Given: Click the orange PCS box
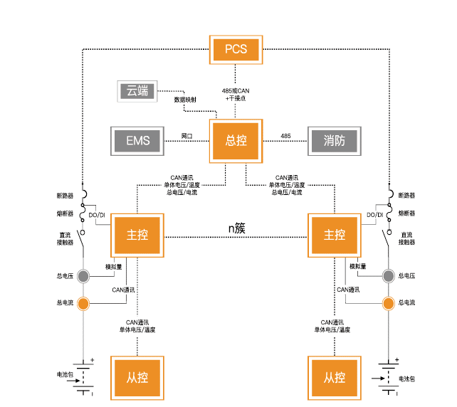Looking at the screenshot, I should (x=236, y=49).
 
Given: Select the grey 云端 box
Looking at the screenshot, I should (x=137, y=91).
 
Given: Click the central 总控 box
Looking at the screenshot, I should (x=236, y=140).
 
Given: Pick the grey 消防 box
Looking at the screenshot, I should (x=334, y=140).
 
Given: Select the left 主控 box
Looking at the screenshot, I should (x=137, y=235).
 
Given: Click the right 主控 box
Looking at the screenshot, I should (x=334, y=235).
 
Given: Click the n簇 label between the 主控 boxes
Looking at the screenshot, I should (x=236, y=228).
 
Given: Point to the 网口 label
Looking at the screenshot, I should (x=187, y=135).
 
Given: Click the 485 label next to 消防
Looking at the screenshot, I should (x=285, y=135).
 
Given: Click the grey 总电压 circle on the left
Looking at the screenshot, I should (x=83, y=276).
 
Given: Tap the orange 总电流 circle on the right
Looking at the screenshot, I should (x=389, y=304).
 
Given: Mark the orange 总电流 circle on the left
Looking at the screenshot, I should (x=83, y=304).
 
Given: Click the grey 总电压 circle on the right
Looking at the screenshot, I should (x=389, y=276).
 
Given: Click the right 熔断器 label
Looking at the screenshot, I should (x=406, y=213).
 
